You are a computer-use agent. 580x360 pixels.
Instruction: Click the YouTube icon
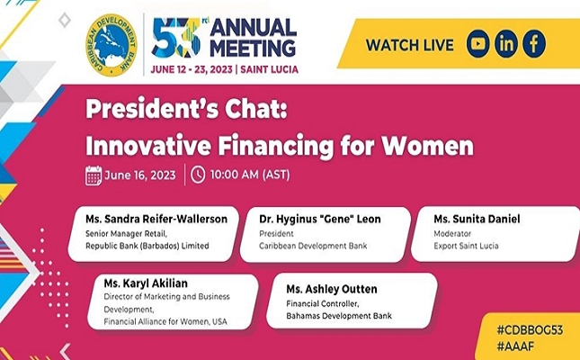click(x=477, y=44)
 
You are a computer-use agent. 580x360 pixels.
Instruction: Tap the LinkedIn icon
click(x=506, y=44)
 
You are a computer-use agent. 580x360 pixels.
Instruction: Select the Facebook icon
click(x=534, y=44)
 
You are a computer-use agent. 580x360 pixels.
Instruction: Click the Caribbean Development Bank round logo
click(x=112, y=45)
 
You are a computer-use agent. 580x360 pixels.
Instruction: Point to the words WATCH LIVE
click(x=410, y=45)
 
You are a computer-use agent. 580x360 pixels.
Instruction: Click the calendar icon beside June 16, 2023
click(x=94, y=175)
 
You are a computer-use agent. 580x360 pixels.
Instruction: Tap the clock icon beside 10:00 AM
click(x=198, y=175)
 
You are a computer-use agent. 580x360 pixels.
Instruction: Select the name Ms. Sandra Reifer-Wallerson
click(x=156, y=219)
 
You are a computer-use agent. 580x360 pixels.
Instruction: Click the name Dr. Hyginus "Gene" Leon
click(x=320, y=220)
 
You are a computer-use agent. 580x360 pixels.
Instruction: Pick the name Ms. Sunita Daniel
click(x=477, y=219)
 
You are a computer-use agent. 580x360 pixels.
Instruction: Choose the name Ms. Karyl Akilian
click(x=146, y=283)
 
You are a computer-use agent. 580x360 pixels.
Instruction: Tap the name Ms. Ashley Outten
click(x=332, y=289)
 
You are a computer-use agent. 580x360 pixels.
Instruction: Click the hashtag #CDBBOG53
click(x=530, y=330)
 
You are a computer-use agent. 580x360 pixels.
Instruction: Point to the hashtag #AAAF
click(x=515, y=346)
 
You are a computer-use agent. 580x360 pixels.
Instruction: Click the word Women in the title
click(x=428, y=146)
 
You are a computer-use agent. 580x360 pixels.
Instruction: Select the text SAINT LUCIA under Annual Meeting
click(x=269, y=69)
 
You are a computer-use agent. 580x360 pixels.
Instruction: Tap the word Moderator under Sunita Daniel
click(x=452, y=234)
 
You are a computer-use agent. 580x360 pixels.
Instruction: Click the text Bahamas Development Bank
click(x=339, y=316)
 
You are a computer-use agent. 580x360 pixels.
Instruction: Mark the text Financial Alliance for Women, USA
click(x=165, y=321)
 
